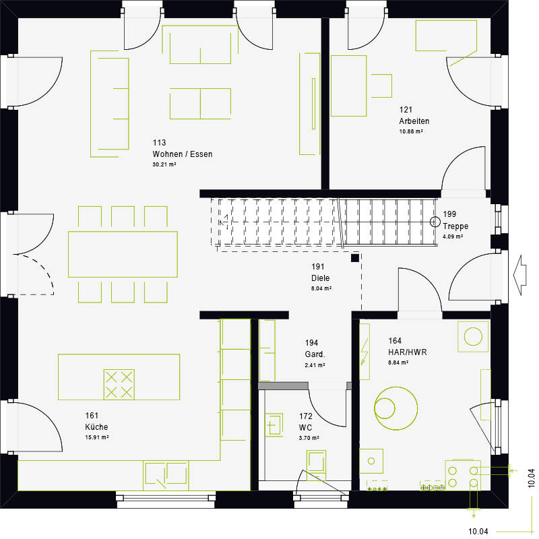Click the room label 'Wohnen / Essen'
pos(182,154)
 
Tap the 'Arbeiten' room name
pos(414,121)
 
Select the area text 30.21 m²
pos(164,164)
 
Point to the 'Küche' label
pos(96,427)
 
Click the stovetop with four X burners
pos(119,383)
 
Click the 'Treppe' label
pos(455,227)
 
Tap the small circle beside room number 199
pos(435,221)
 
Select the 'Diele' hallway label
pos(320,278)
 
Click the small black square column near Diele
pos(355,257)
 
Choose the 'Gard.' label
pos(315,354)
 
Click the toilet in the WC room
pos(317,463)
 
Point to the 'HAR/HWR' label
pos(407,352)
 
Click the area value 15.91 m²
pos(97,437)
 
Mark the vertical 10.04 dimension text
pos(531,478)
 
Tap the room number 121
pos(406,110)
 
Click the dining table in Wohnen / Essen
pos(123,254)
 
